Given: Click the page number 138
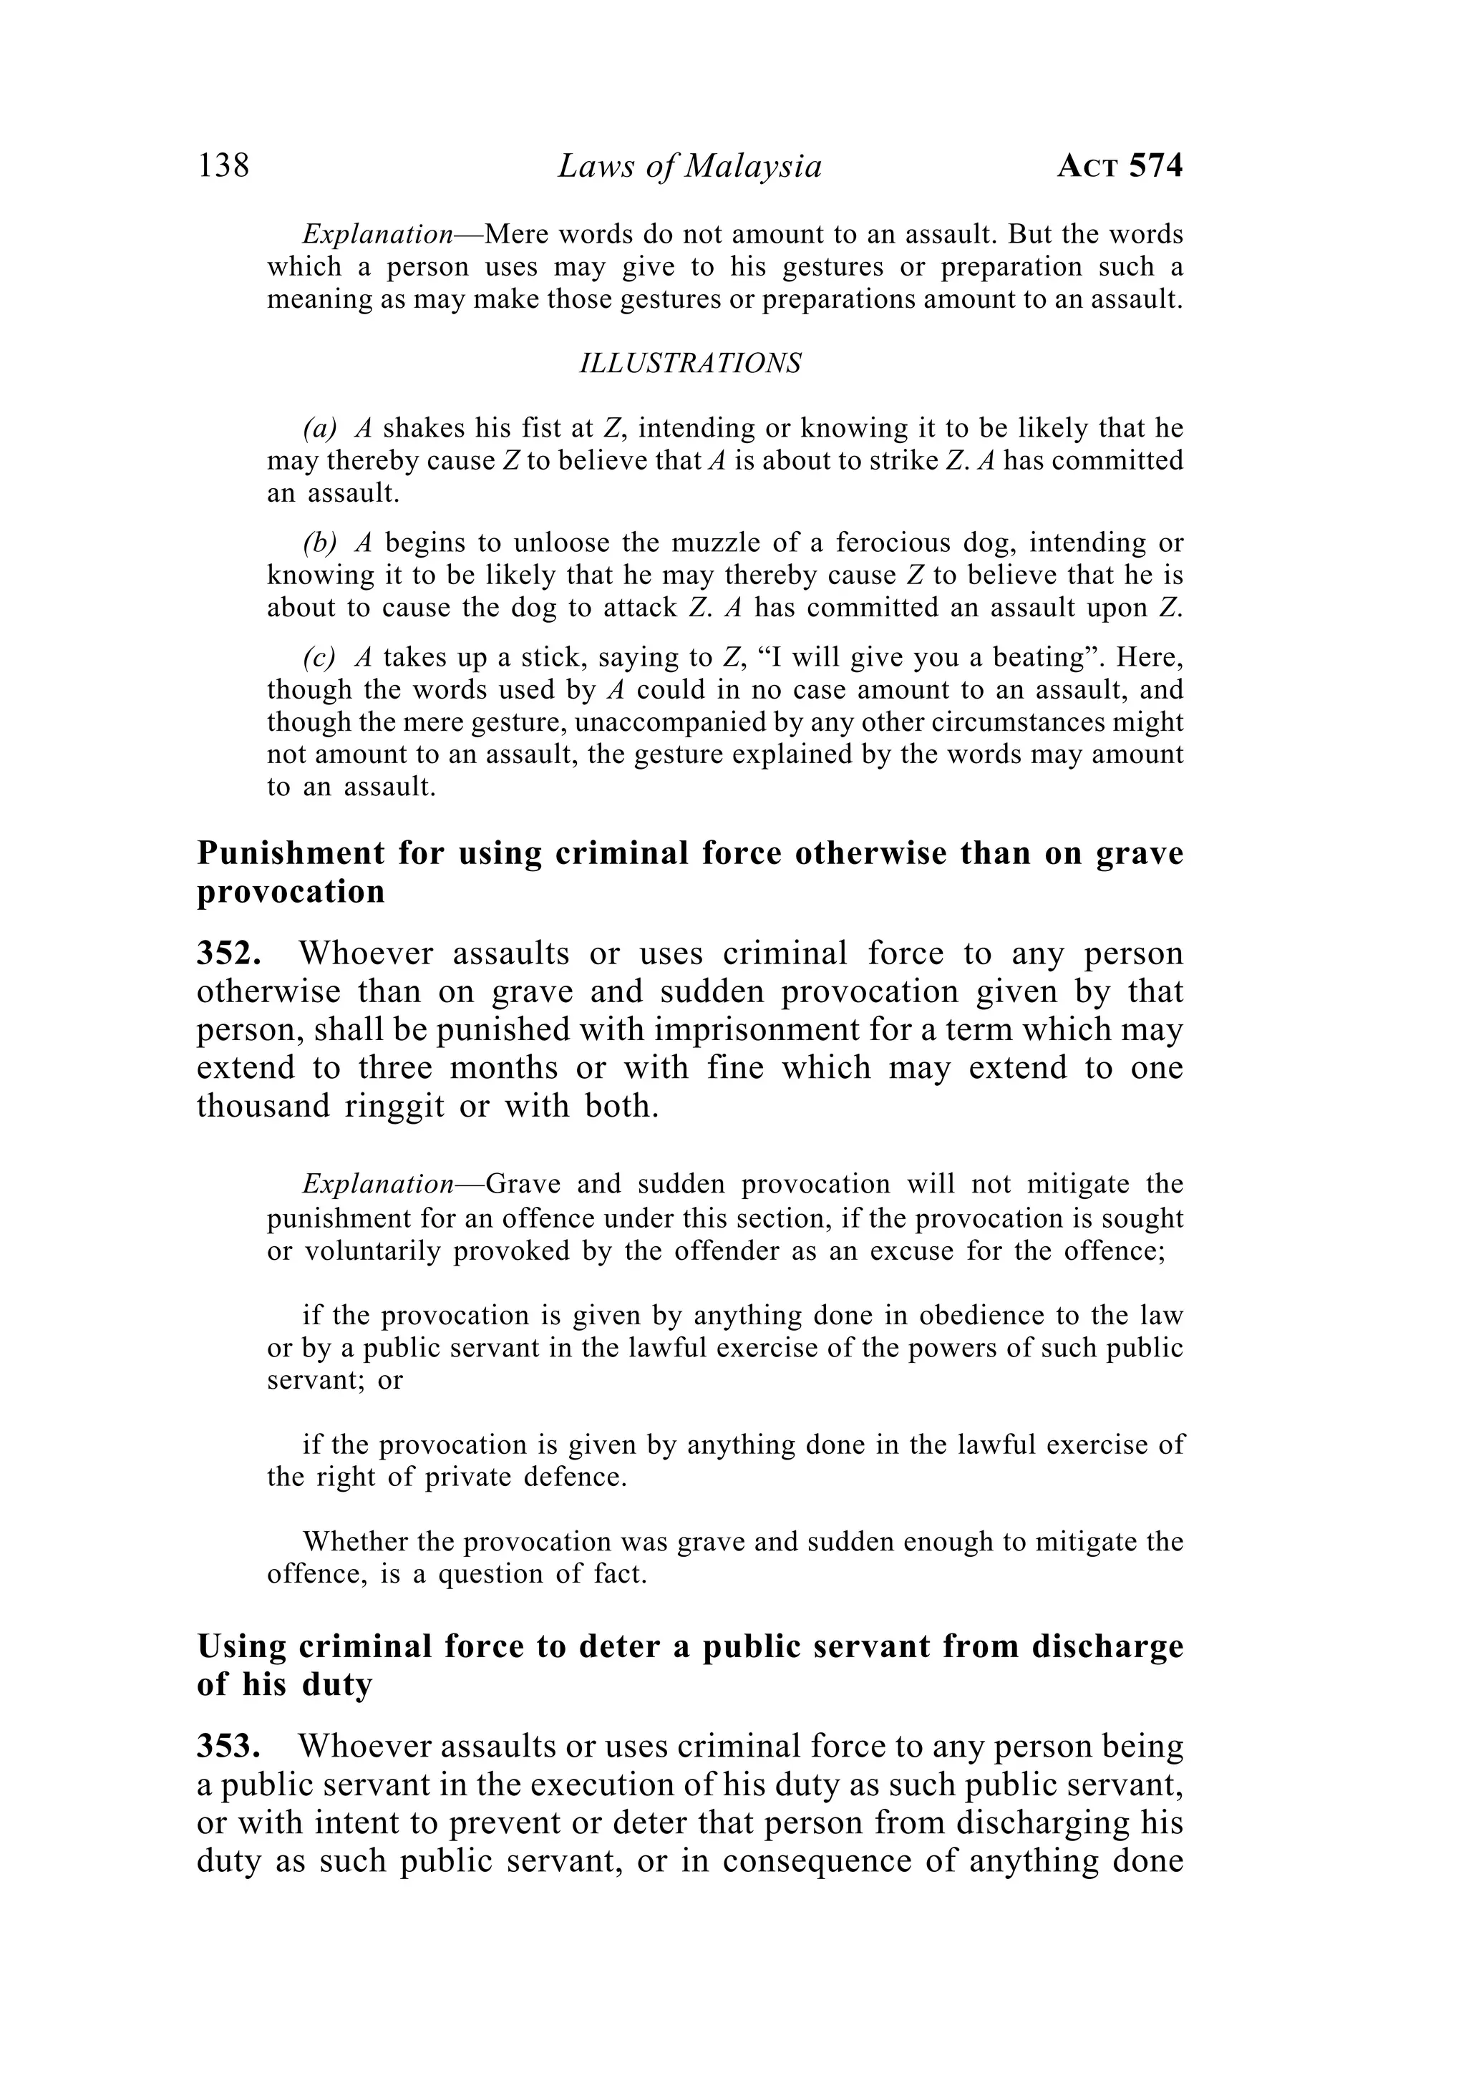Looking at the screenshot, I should click(223, 166).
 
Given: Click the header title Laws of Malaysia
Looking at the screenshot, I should click(689, 167).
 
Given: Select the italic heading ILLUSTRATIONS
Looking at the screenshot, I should click(689, 364).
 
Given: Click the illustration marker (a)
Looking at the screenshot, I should click(319, 428).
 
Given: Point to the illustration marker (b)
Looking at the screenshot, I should click(319, 543).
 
